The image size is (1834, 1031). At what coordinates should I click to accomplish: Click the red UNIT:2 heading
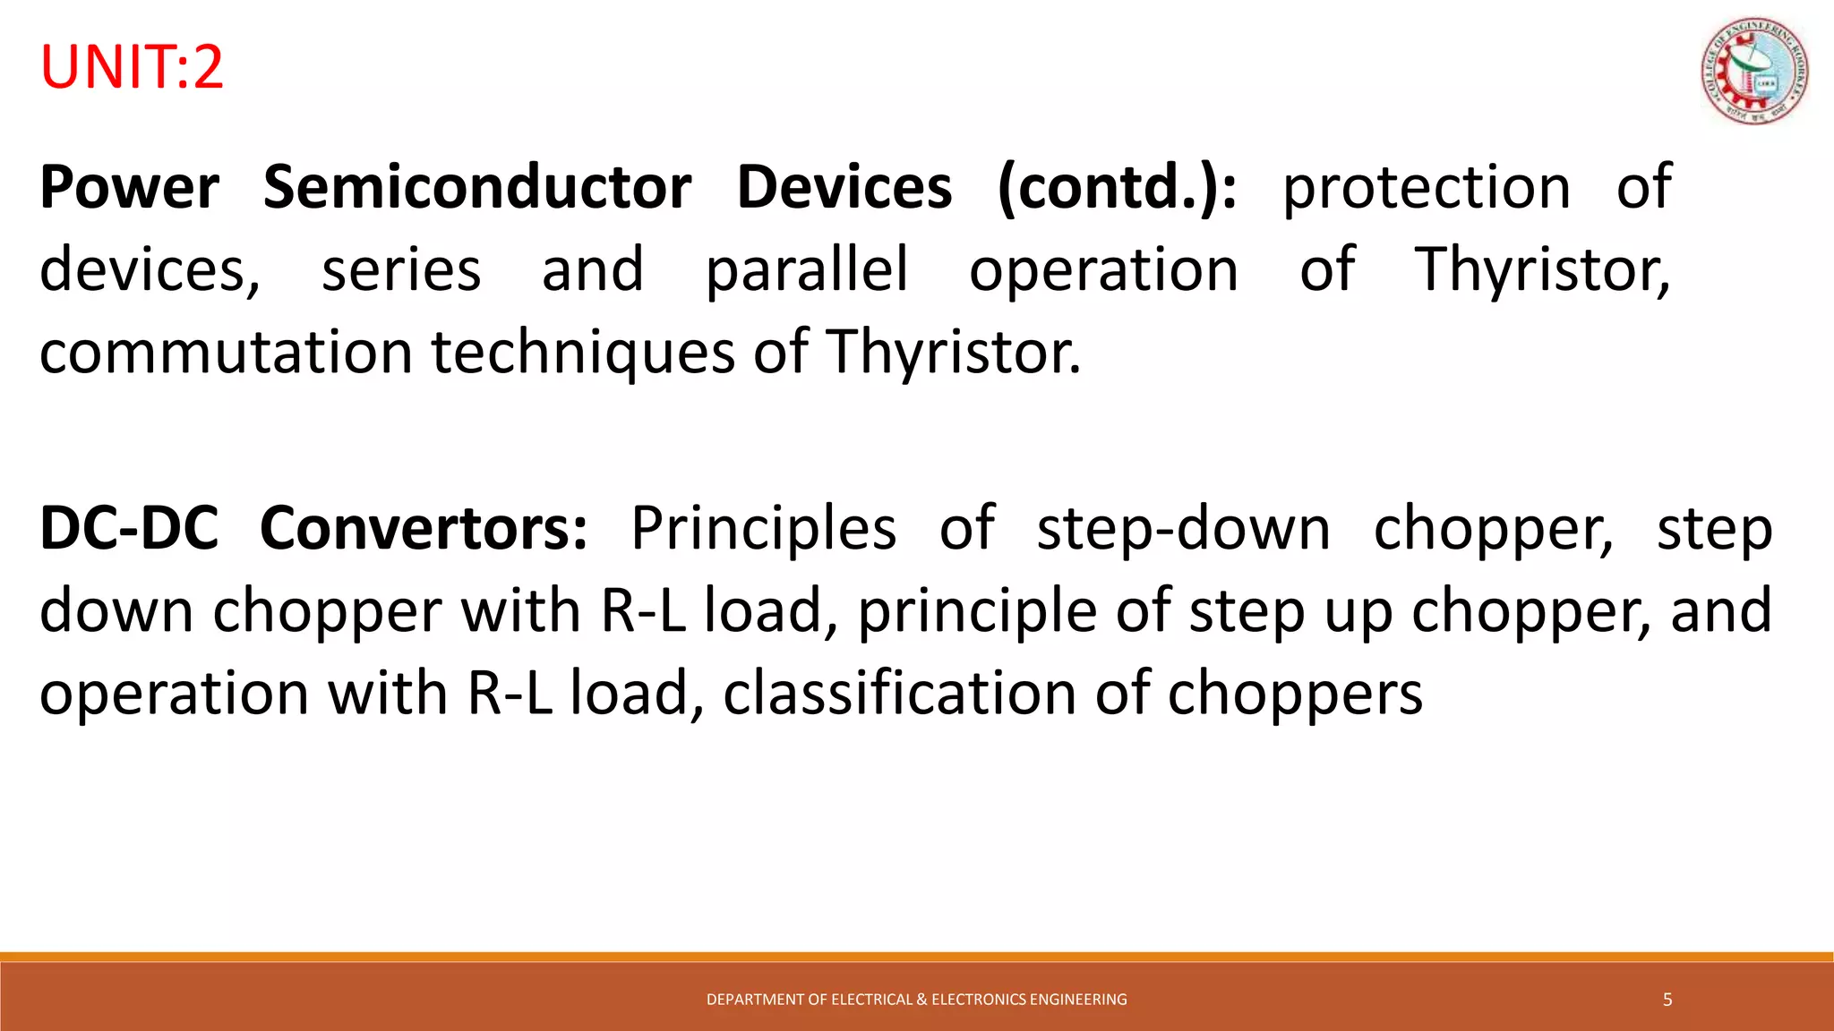(132, 68)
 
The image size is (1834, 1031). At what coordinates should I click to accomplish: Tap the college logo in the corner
(1753, 72)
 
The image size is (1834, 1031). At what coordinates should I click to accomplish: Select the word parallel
(807, 270)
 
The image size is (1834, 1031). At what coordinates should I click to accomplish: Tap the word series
(401, 270)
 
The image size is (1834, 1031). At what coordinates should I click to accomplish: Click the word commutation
(226, 353)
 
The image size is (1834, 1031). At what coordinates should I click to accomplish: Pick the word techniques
(583, 353)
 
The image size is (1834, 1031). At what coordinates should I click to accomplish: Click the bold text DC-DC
(129, 529)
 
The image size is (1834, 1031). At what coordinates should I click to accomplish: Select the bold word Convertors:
(424, 529)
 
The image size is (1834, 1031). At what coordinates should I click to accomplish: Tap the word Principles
(763, 529)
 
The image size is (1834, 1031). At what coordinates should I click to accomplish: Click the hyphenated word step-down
(1183, 529)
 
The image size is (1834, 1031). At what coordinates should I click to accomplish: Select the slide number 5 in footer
(1667, 1000)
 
